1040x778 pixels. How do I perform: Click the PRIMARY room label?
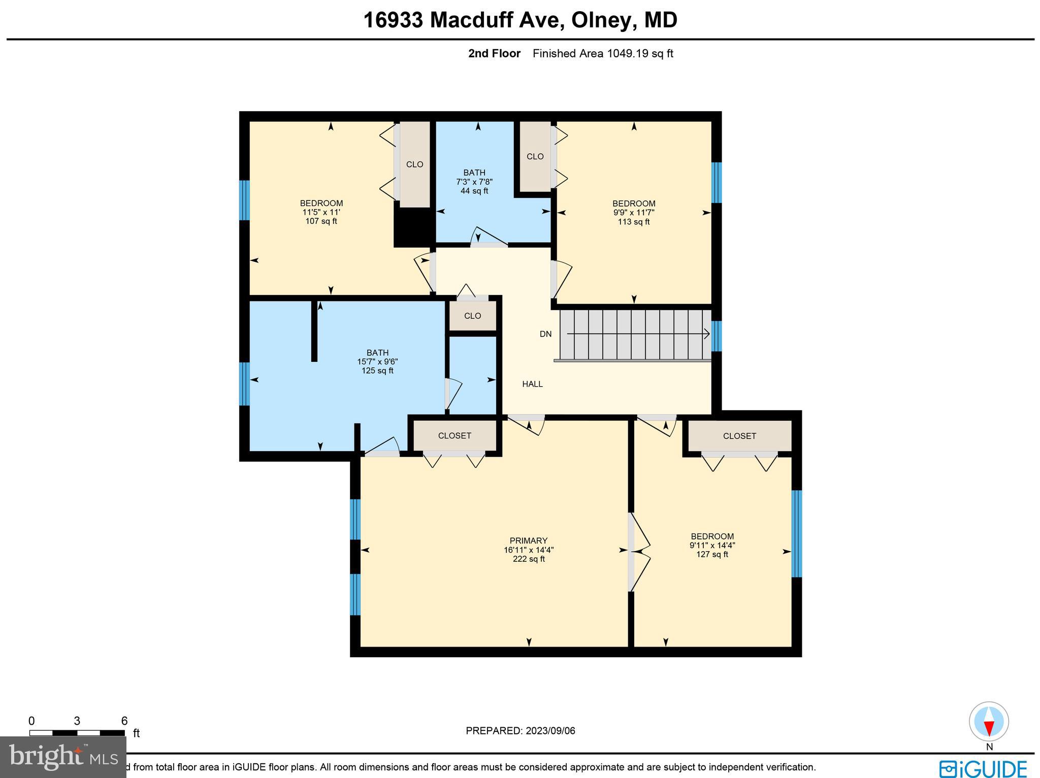528,540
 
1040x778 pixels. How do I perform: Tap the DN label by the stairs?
545,334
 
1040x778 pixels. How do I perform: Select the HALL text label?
532,384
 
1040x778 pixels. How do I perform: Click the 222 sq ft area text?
529,559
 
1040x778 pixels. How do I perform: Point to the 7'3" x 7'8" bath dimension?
474,182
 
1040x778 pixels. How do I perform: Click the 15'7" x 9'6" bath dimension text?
377,362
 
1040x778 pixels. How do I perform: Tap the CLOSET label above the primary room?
454,435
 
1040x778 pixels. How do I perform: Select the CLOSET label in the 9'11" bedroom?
739,436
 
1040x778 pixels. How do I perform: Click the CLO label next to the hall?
472,316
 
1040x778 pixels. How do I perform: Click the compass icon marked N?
989,722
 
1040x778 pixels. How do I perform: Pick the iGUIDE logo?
983,768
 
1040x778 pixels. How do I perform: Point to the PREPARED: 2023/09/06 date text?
521,731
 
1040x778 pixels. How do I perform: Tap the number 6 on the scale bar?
124,721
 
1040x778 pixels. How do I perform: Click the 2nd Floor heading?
494,53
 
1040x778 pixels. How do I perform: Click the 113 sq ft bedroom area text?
633,222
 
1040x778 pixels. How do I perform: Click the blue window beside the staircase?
716,336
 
